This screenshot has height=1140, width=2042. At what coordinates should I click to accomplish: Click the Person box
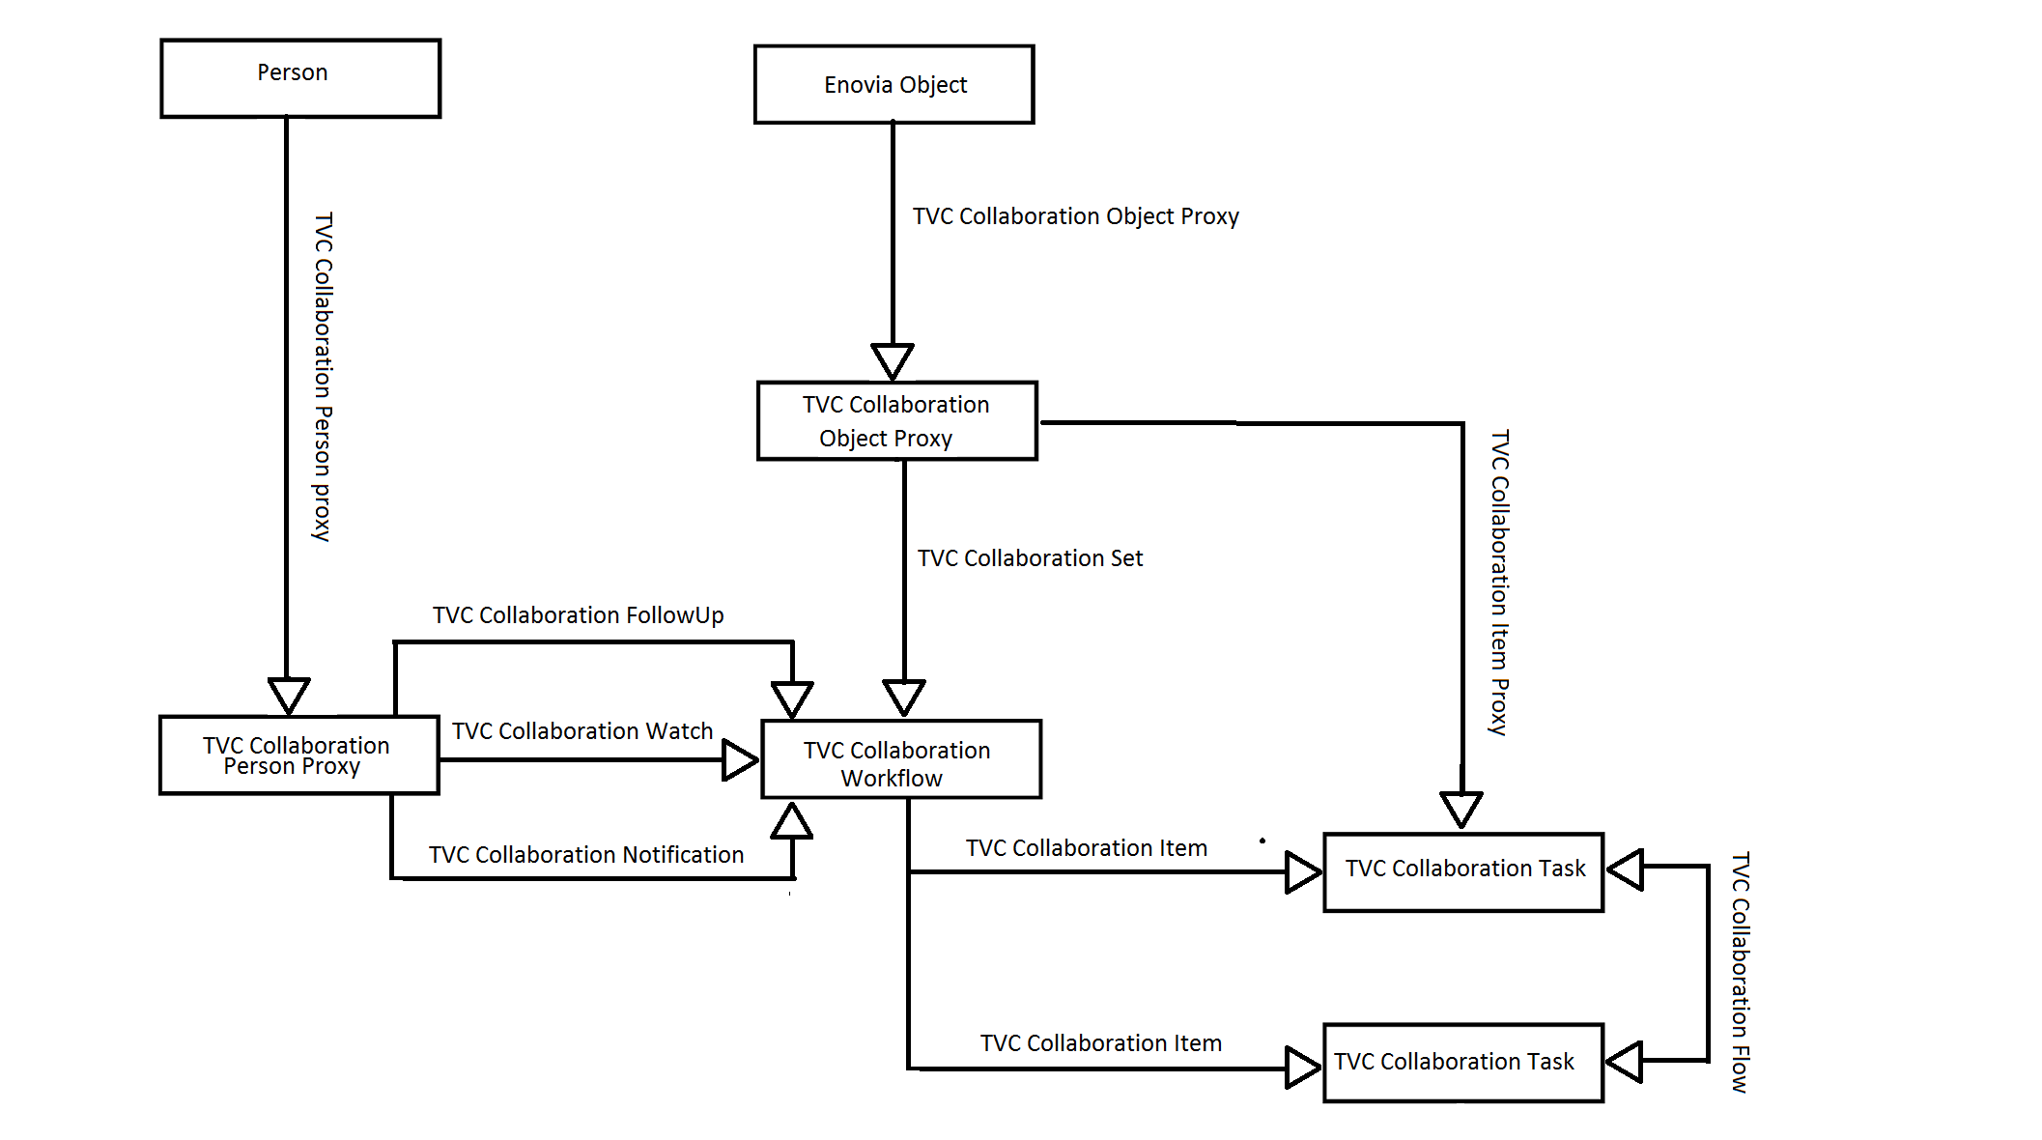pyautogui.click(x=300, y=78)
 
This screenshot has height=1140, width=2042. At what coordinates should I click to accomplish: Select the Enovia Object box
pyautogui.click(x=893, y=85)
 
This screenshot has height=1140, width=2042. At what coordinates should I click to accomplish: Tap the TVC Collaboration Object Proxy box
pyautogui.click(x=896, y=421)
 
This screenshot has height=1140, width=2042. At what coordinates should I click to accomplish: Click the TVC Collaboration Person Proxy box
pyautogui.click(x=298, y=755)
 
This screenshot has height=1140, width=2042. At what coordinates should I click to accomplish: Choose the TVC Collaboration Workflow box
pyautogui.click(x=900, y=760)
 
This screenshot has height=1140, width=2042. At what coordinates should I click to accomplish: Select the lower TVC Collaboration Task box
pyautogui.click(x=1462, y=1063)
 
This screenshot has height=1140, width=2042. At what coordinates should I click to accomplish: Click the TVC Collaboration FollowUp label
pyautogui.click(x=578, y=615)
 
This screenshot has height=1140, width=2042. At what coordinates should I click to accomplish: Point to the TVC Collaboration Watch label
pyautogui.click(x=581, y=731)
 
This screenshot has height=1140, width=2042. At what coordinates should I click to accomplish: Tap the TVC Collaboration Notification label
pyautogui.click(x=585, y=855)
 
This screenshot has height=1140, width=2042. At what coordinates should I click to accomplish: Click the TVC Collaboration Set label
pyautogui.click(x=1030, y=558)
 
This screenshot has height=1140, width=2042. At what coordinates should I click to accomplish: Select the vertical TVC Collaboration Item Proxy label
pyautogui.click(x=1499, y=583)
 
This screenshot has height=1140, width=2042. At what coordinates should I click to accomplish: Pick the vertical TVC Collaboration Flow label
pyautogui.click(x=1740, y=972)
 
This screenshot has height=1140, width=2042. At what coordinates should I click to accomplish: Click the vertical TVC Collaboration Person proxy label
pyautogui.click(x=323, y=377)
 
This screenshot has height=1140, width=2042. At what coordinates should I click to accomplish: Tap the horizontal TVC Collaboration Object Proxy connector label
pyautogui.click(x=1075, y=216)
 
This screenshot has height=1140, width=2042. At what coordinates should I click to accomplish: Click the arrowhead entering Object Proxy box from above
pyautogui.click(x=893, y=360)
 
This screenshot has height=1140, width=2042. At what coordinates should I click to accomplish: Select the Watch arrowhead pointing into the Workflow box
pyautogui.click(x=740, y=760)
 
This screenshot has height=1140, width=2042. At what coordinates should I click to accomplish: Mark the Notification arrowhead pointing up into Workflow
pyautogui.click(x=792, y=821)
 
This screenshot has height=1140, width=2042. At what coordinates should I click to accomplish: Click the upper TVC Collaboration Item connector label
pyautogui.click(x=1086, y=848)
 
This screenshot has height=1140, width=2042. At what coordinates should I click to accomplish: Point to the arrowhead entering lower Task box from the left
pyautogui.click(x=1303, y=1068)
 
